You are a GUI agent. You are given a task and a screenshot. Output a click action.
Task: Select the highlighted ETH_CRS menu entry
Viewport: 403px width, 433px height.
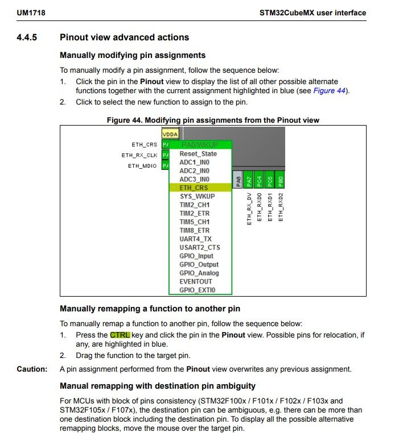pyautogui.click(x=194, y=188)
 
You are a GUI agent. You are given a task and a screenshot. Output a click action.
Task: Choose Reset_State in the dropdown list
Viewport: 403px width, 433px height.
pyautogui.click(x=198, y=153)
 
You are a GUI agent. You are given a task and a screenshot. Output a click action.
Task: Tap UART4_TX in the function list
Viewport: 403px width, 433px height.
pyautogui.click(x=195, y=239)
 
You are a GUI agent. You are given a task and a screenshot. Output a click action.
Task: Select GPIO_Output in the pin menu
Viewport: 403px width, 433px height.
pyautogui.click(x=199, y=264)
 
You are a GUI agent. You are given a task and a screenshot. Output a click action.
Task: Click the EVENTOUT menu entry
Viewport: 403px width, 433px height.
pyautogui.click(x=196, y=281)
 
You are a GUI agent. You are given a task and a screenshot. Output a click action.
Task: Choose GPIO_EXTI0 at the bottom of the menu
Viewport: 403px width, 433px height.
pyautogui.click(x=198, y=290)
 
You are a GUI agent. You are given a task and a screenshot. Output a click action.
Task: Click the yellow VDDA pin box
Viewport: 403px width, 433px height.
pyautogui.click(x=170, y=134)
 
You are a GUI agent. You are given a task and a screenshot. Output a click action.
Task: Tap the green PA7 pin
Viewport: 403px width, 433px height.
pyautogui.click(x=249, y=181)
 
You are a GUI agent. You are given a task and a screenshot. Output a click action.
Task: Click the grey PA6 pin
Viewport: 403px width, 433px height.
pyautogui.click(x=238, y=181)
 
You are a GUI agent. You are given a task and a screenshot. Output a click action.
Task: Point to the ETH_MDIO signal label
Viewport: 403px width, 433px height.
pyautogui.click(x=142, y=165)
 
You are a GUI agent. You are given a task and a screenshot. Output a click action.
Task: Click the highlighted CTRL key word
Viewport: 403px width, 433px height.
pyautogui.click(x=120, y=335)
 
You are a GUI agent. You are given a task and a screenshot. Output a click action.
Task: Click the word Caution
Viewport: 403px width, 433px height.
pyautogui.click(x=32, y=369)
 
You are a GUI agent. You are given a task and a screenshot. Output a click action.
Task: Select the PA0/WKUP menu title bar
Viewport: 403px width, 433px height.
pyautogui.click(x=199, y=145)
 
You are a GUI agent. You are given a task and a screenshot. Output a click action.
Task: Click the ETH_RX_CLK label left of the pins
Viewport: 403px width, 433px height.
pyautogui.click(x=139, y=155)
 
